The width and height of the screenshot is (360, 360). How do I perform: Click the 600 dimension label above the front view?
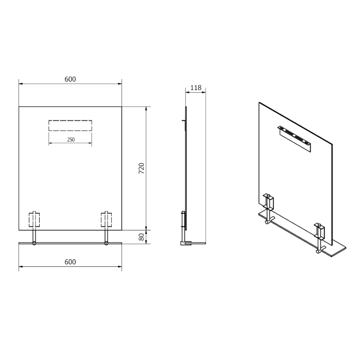[x=70, y=79]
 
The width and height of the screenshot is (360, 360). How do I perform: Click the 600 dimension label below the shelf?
[x=70, y=262]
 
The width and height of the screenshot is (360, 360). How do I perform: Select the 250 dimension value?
[x=71, y=140]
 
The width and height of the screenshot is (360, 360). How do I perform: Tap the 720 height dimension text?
[x=140, y=168]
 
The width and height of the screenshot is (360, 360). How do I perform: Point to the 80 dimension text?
[x=141, y=237]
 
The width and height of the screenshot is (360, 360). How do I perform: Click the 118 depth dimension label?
[x=196, y=88]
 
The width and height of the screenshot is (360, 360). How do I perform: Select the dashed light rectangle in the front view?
[x=70, y=125]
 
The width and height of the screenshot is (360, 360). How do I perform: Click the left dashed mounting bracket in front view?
[x=34, y=220]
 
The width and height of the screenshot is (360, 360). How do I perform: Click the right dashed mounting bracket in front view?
[x=107, y=220]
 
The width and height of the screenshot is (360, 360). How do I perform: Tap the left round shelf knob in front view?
[x=34, y=244]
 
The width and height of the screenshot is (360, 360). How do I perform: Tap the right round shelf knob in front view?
[x=107, y=244]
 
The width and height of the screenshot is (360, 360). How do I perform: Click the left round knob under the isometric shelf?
[x=267, y=222]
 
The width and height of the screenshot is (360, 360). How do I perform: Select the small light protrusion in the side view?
[x=183, y=121]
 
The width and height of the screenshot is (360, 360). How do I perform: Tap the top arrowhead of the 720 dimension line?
[x=145, y=108]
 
